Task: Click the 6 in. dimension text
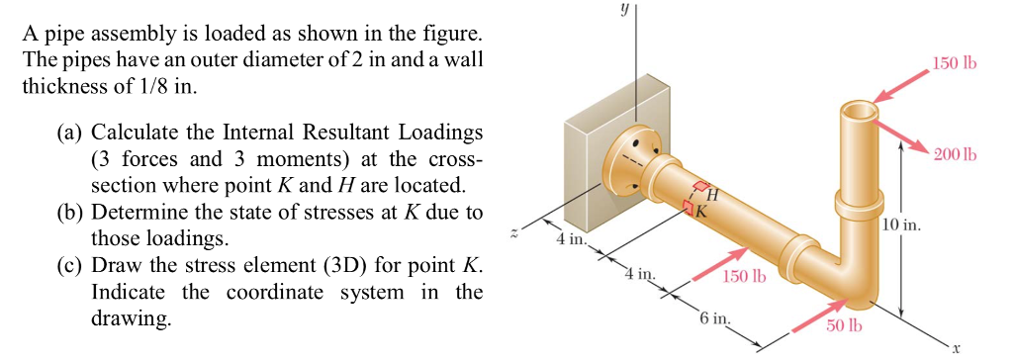pyautogui.click(x=714, y=320)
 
